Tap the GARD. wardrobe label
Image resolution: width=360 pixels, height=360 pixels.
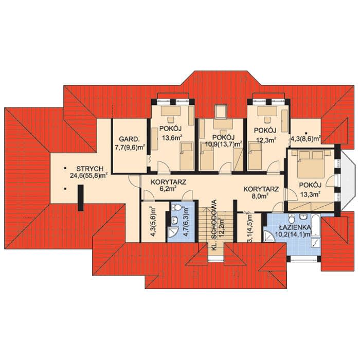tap(129, 139)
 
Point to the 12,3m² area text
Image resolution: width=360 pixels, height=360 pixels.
tap(266, 140)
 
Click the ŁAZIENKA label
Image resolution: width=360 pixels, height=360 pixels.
tap(295, 227)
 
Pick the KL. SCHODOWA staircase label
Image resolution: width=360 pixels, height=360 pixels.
tap(214, 225)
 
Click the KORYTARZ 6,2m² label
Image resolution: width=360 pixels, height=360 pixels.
tap(168, 186)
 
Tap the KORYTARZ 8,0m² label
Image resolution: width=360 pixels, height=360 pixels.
tap(261, 193)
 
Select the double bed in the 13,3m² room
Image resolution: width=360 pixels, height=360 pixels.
tap(311, 164)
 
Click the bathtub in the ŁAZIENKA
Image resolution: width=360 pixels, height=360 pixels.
tap(316, 225)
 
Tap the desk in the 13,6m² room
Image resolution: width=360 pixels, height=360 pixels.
tap(171, 111)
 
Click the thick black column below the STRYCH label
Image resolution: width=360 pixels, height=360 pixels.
tap(81, 198)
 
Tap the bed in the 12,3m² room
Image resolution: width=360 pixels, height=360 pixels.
tap(255, 156)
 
